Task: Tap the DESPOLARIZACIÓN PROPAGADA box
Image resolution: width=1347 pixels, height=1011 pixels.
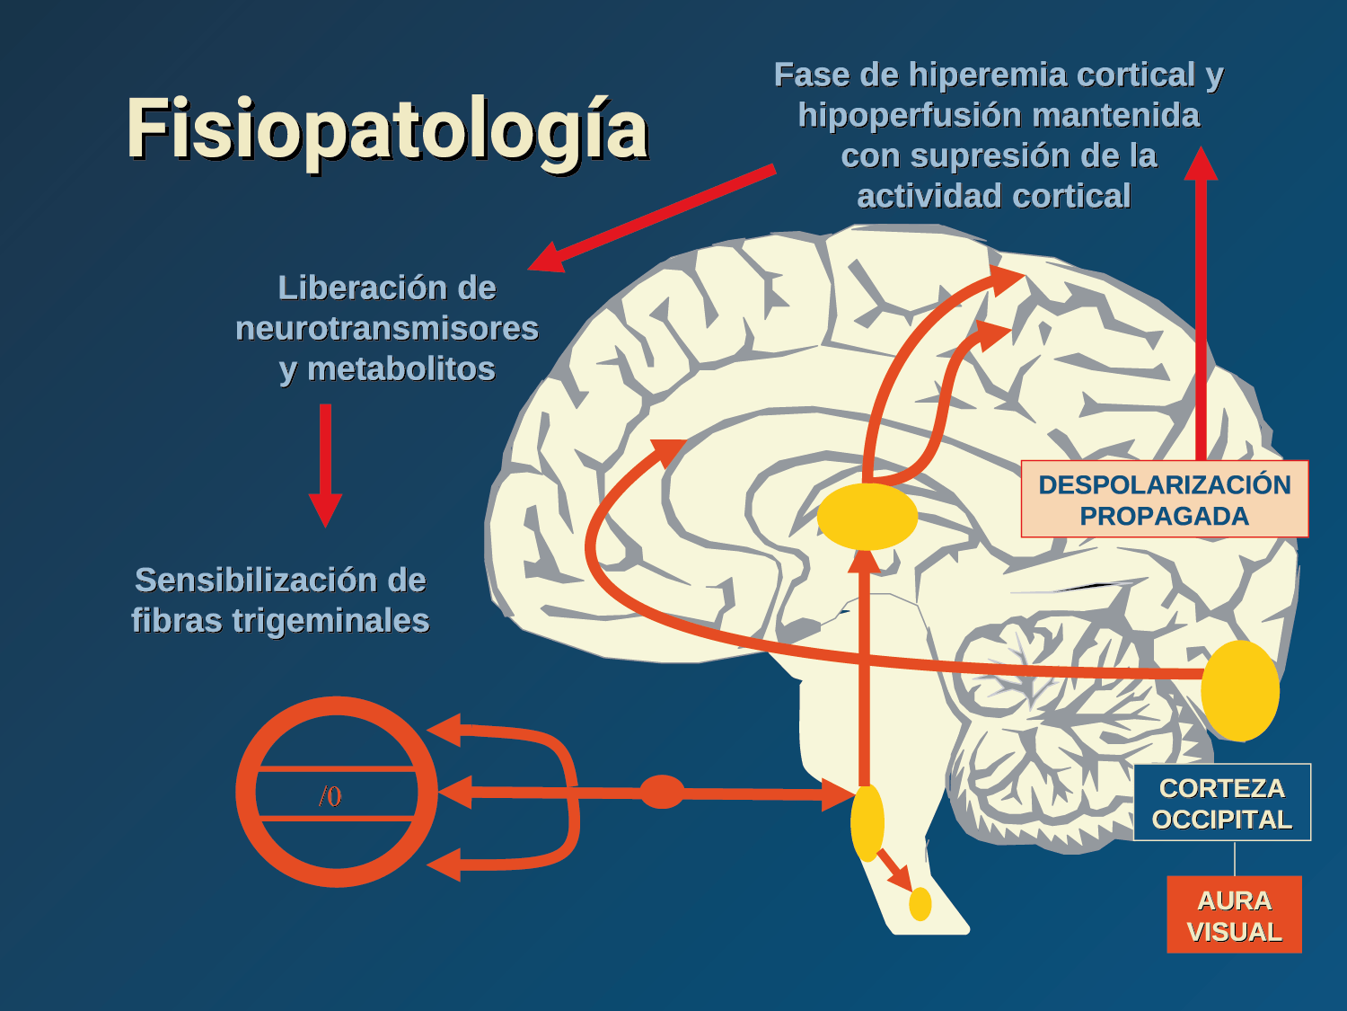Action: tap(1164, 500)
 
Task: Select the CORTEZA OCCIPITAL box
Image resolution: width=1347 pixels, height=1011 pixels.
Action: tap(1221, 803)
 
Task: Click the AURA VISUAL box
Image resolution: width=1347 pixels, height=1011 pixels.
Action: tap(1234, 915)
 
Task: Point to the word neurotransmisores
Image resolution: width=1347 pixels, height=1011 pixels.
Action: tap(386, 329)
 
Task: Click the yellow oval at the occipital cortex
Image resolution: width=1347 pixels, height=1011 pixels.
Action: tap(1240, 690)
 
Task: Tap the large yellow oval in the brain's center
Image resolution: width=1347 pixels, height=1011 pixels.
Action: tap(867, 517)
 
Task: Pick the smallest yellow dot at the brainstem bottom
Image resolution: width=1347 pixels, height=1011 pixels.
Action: tap(920, 904)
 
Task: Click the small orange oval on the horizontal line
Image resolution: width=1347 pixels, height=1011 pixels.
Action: tap(662, 792)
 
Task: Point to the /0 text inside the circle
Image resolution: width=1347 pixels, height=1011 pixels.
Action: tap(330, 796)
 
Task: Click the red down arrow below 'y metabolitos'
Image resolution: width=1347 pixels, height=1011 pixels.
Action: tap(325, 464)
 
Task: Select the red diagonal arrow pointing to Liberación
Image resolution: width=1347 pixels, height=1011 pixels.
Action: tap(651, 218)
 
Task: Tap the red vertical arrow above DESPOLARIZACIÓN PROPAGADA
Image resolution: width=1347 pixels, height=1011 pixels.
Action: tap(1201, 306)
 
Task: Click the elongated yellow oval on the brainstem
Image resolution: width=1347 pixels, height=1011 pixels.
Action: tap(867, 822)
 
